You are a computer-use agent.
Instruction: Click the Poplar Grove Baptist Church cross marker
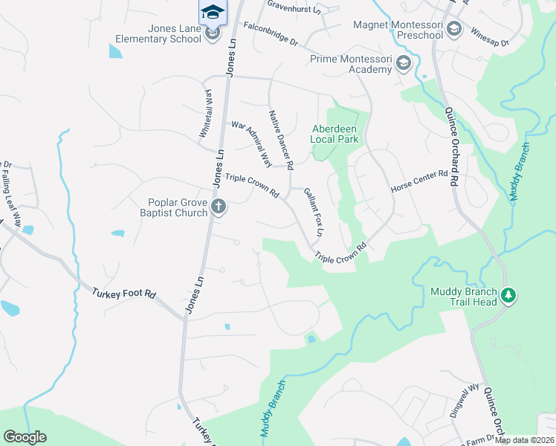tap(218, 207)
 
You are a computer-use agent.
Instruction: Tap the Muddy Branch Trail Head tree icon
tap(508, 296)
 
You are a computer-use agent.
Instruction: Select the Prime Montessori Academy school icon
tap(404, 63)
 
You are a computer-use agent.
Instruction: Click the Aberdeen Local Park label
tap(334, 134)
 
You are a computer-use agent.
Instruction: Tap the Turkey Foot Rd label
tap(123, 294)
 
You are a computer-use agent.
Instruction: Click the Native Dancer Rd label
tap(282, 138)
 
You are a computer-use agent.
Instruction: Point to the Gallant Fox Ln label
tap(314, 213)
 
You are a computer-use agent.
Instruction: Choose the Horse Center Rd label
tap(420, 183)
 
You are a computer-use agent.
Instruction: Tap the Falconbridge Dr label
tap(270, 35)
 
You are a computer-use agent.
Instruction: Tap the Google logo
tap(25, 437)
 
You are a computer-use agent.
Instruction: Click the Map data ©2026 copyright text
tap(524, 440)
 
